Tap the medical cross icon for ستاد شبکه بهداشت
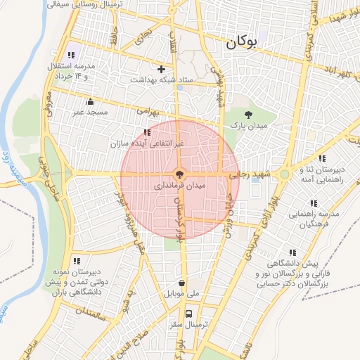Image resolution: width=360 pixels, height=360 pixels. click(x=162, y=69)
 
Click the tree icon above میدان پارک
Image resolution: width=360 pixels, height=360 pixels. click(x=247, y=114)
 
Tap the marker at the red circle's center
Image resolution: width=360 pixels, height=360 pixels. click(x=179, y=173)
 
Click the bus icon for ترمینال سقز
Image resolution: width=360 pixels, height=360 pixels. click(x=188, y=314)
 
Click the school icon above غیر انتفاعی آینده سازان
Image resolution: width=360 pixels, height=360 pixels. click(x=147, y=132)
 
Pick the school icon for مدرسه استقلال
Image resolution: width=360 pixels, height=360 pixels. click(x=71, y=55)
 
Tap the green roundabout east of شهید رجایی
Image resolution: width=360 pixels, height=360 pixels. click(x=284, y=174)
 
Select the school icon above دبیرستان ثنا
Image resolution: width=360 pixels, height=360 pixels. click(x=323, y=159)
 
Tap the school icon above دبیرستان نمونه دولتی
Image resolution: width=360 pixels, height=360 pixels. click(x=76, y=260)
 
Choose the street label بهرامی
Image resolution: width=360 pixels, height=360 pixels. click(x=148, y=111)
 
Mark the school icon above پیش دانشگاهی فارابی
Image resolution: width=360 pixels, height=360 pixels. click(x=292, y=252)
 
